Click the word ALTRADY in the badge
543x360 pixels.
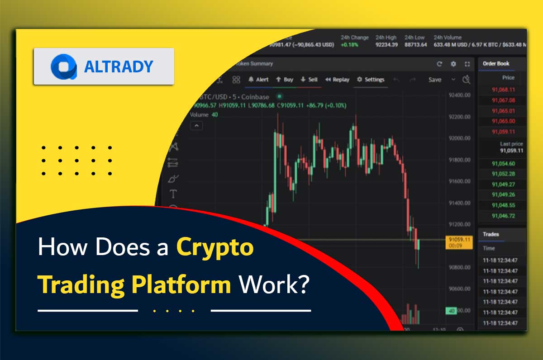pos(119,67)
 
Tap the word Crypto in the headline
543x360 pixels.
pos(215,248)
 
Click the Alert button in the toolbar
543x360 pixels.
pos(258,80)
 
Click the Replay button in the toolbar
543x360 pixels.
pos(337,80)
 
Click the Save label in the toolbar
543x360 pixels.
pos(434,80)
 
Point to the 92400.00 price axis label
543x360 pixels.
pos(459,95)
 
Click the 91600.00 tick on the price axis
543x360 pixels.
pos(459,181)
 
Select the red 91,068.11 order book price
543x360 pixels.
pos(503,90)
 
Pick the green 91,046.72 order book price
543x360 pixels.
pos(503,216)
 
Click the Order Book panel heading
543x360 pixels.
pos(496,64)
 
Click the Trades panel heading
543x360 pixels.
pos(491,234)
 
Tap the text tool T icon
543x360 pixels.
pos(173,194)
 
